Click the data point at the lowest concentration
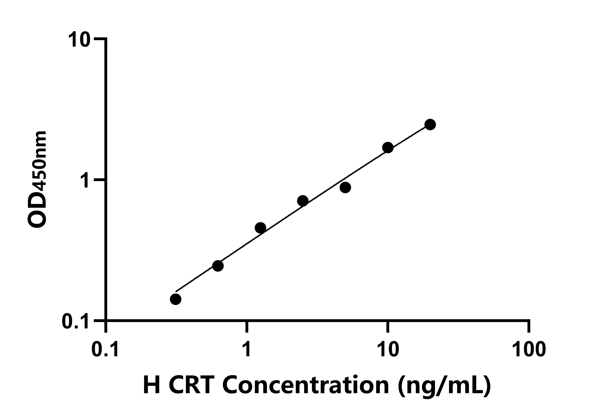pos(176,299)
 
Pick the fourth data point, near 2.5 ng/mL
pos(303,201)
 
